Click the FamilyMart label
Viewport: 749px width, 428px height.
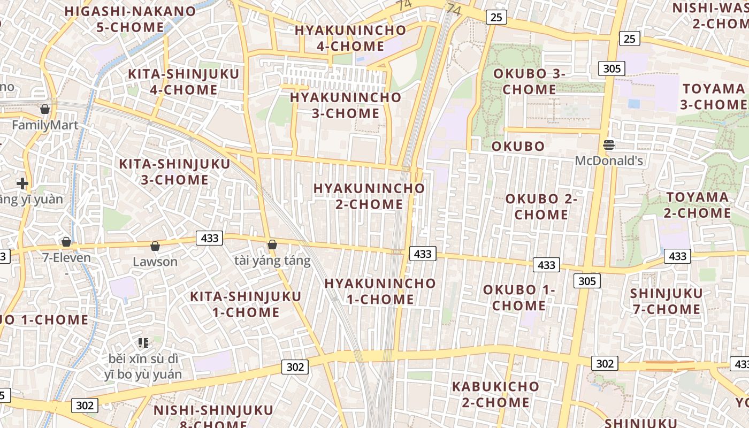pos(45,125)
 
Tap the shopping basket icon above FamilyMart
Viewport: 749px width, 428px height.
pos(45,109)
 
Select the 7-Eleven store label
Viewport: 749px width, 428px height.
pos(67,257)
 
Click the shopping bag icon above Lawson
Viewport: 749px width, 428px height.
pos(155,246)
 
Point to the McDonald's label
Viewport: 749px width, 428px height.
pos(609,160)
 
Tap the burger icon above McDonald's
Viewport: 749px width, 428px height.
pos(609,144)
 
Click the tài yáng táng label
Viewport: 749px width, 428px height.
pos(272,261)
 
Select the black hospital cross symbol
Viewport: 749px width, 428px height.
pos(22,184)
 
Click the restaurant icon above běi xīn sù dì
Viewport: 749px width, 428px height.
pos(143,342)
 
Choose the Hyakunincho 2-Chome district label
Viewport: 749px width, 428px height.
pos(369,196)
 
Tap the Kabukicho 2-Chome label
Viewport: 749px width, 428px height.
pos(495,394)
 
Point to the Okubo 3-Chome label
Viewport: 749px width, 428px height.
pos(529,81)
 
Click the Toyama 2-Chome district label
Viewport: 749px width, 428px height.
pos(698,205)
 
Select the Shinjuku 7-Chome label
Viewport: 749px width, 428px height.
pos(666,301)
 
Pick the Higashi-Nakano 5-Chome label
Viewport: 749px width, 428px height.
pos(130,19)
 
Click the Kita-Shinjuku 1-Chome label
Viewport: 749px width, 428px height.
pos(246,304)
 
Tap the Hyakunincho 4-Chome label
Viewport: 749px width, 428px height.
pos(350,38)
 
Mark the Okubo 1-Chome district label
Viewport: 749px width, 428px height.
pos(519,297)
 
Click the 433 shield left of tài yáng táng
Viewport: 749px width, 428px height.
pos(209,238)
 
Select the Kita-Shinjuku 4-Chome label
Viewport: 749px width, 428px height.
pos(184,82)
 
